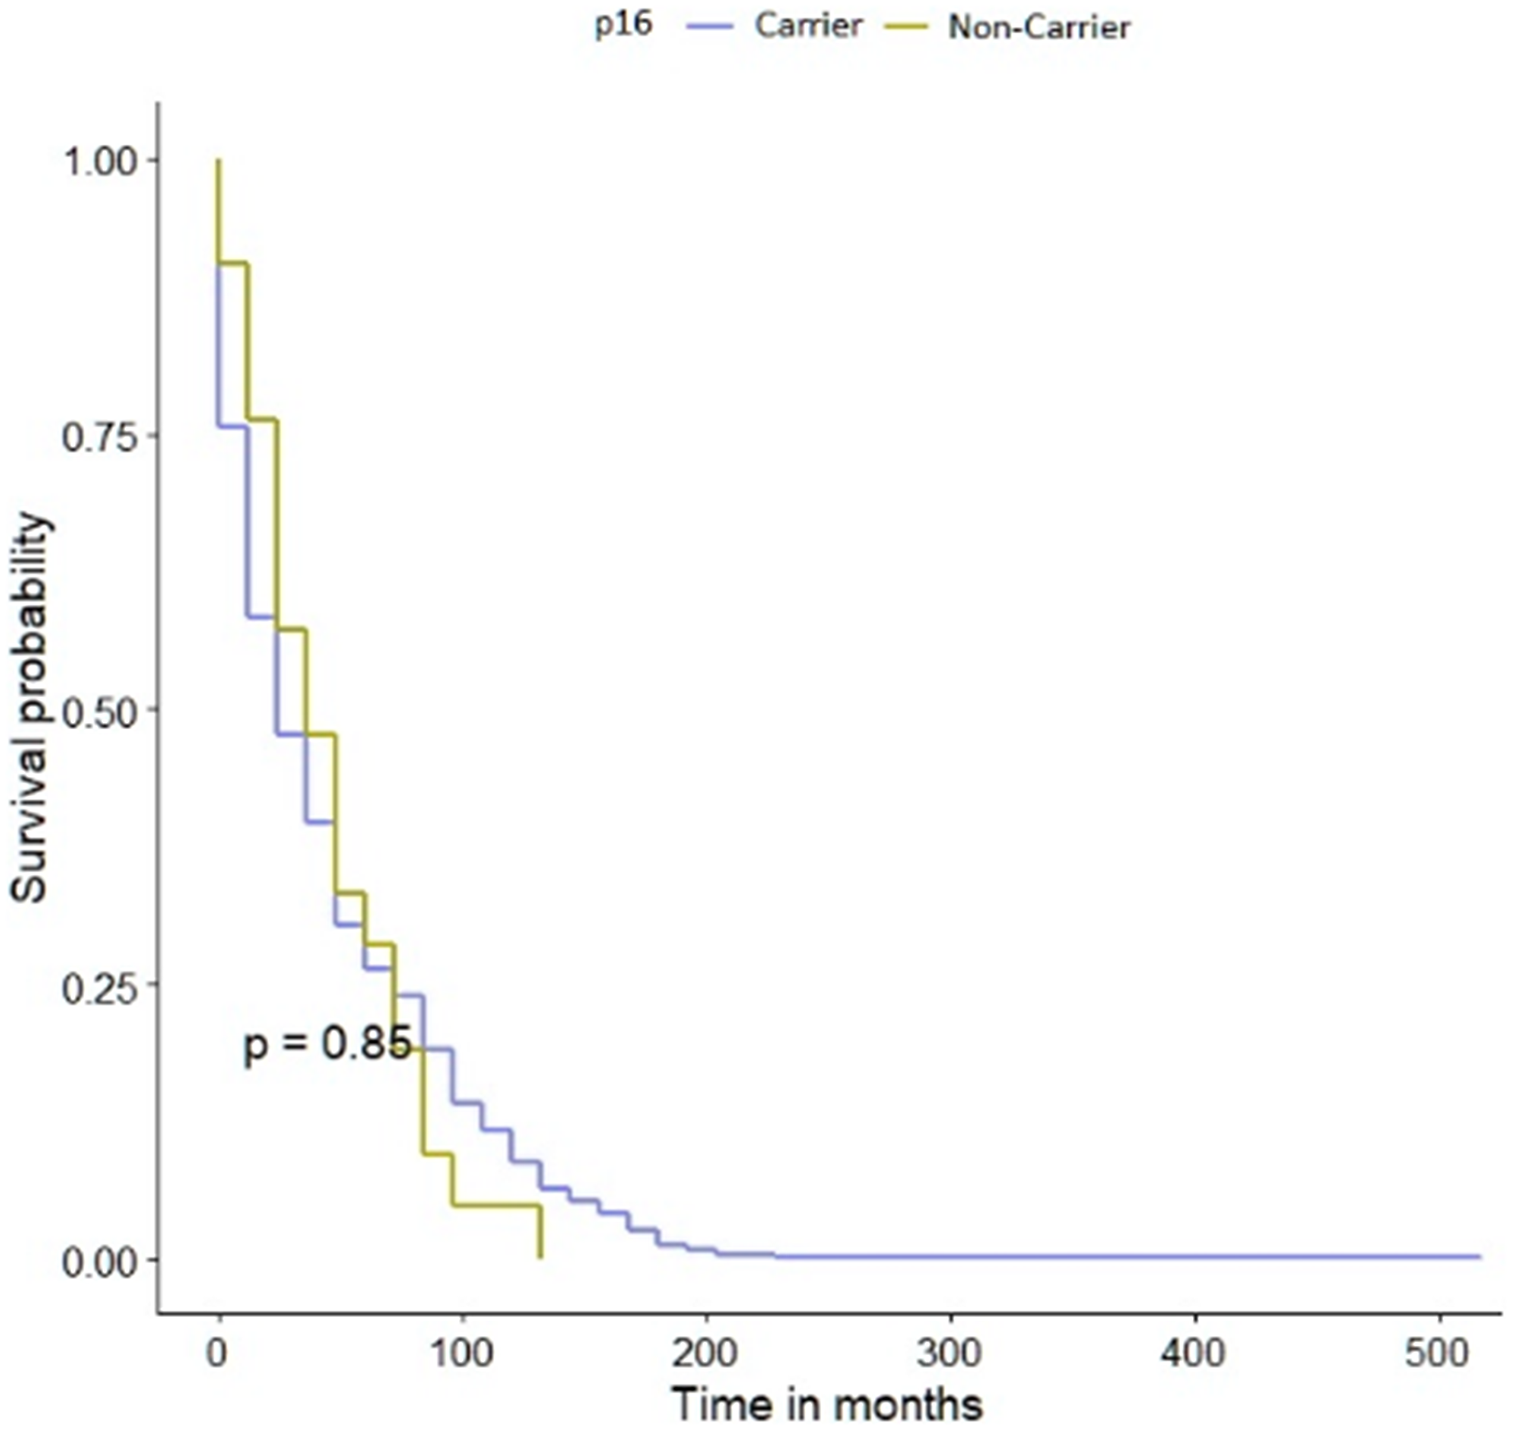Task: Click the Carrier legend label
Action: point(808,26)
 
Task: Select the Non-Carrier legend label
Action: point(1039,27)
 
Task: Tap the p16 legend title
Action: point(623,24)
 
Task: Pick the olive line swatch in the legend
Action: point(906,27)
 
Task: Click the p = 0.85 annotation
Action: point(326,1044)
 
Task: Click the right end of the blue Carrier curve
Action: point(1479,1255)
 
